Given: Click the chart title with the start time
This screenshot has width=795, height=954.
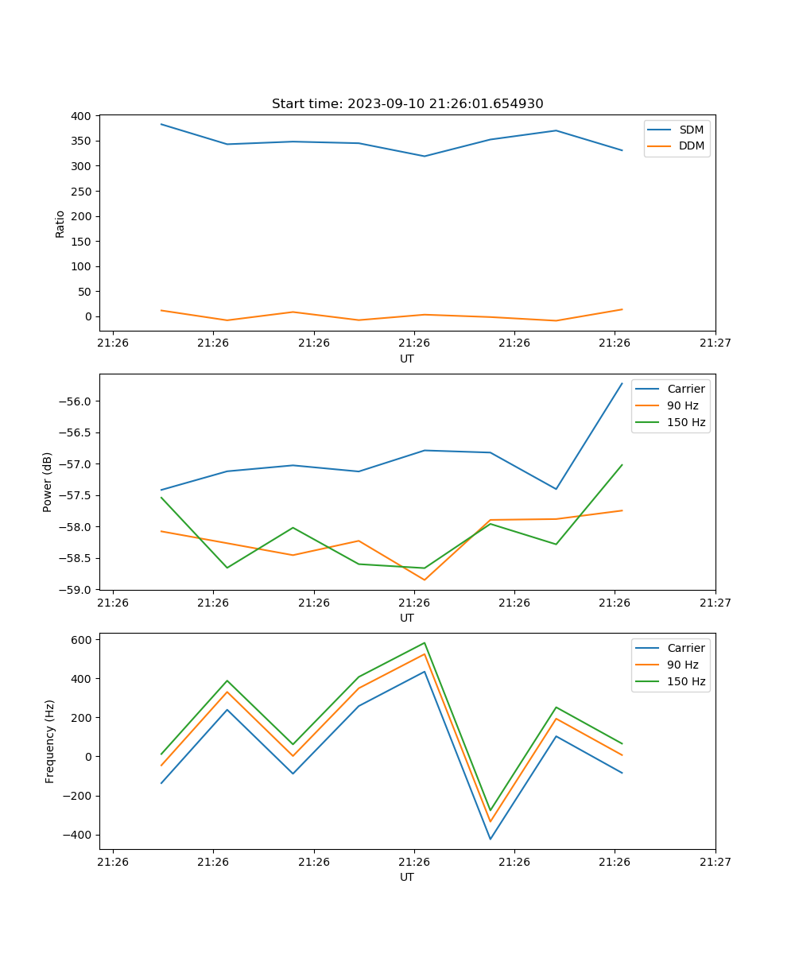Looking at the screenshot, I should tap(407, 104).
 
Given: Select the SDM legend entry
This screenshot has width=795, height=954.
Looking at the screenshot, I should tap(691, 130).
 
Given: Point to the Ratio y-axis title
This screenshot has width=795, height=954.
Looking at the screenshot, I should tap(60, 223).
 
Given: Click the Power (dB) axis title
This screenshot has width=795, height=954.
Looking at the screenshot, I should tap(48, 482).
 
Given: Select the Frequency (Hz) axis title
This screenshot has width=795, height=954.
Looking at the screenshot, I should tap(50, 741).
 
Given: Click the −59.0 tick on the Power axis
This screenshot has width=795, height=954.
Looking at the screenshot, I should tap(76, 590).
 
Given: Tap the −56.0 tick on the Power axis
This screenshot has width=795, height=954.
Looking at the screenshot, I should tap(76, 401).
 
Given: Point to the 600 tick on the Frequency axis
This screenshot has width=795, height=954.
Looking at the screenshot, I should tap(83, 639).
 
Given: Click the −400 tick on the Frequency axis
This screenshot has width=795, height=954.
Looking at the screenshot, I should tap(77, 835).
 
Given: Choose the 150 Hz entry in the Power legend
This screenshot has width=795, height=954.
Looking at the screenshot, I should tap(686, 422).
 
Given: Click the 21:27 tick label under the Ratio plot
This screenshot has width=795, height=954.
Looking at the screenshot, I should tap(715, 343).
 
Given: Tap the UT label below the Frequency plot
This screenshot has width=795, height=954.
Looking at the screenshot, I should tap(407, 877).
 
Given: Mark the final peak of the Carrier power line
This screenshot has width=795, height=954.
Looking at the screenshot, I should tap(622, 383).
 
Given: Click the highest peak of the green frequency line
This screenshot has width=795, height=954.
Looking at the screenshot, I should tap(425, 643).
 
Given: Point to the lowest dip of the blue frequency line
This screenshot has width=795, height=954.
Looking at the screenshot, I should tap(491, 839).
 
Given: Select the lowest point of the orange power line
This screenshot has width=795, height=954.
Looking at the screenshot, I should tap(425, 580).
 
